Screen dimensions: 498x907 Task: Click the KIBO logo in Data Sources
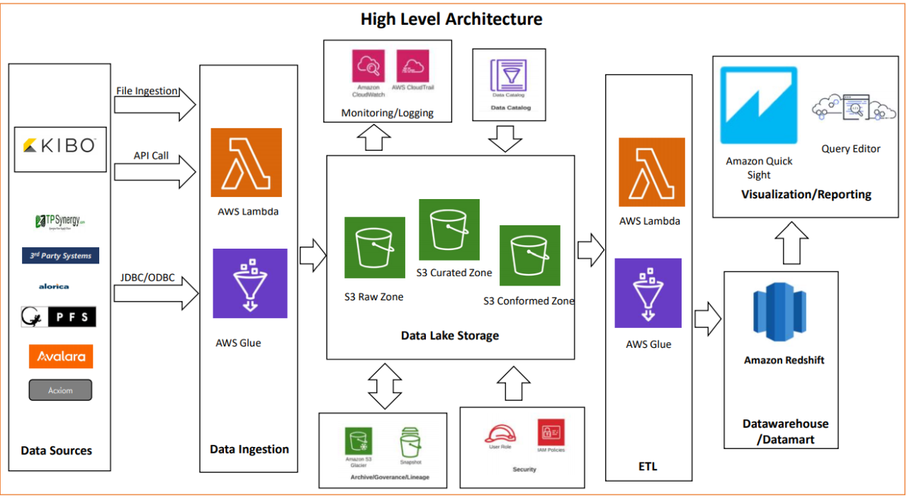click(60, 146)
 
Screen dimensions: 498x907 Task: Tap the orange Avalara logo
click(60, 356)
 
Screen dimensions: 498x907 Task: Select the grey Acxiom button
click(60, 390)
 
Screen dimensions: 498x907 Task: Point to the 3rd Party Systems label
click(60, 256)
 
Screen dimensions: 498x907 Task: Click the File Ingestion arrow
click(154, 105)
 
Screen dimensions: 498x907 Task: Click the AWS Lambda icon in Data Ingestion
click(246, 162)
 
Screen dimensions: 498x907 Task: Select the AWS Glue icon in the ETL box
click(648, 293)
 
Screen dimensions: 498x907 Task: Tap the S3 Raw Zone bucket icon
click(374, 247)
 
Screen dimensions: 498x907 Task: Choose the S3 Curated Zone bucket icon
click(449, 229)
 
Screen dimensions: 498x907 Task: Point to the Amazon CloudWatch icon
click(368, 66)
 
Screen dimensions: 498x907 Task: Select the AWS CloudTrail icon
click(412, 66)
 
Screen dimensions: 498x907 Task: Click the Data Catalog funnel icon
click(510, 75)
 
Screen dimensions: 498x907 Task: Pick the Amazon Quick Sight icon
click(758, 106)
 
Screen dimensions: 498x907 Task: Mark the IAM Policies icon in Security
click(551, 431)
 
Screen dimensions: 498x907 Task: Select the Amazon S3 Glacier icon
click(358, 441)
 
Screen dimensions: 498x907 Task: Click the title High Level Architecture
click(451, 19)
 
